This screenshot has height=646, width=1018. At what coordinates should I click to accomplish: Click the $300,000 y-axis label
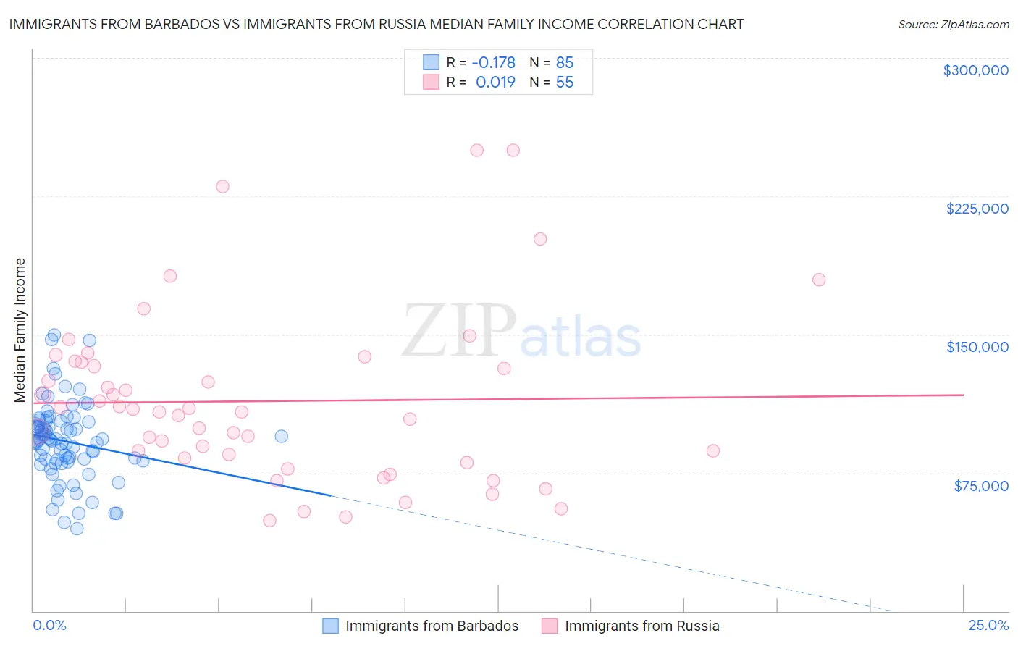(975, 70)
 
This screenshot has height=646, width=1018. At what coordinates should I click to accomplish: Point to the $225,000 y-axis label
(977, 209)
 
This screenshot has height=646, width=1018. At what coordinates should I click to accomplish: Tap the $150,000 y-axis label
(977, 347)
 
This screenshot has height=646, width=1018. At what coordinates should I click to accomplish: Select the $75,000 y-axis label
(980, 486)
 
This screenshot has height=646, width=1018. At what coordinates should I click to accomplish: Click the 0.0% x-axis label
(49, 625)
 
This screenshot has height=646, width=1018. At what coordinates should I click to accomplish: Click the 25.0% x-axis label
(988, 625)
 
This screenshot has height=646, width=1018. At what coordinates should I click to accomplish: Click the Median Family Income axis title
(20, 330)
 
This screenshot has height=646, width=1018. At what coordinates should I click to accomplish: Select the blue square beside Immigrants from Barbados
(330, 626)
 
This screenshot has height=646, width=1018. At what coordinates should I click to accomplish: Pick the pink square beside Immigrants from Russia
(550, 626)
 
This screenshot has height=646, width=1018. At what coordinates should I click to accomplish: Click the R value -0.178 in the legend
(493, 62)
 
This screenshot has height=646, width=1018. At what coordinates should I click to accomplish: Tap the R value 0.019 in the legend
(495, 83)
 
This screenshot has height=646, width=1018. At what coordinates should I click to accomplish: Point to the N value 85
(565, 62)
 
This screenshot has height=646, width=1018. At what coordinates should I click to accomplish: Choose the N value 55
(565, 83)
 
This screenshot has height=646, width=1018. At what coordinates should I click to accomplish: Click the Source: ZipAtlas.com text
(953, 25)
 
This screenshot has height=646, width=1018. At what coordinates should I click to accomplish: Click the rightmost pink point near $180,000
(819, 280)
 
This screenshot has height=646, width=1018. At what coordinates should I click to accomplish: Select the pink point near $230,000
(222, 186)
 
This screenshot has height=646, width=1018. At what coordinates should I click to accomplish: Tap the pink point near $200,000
(539, 239)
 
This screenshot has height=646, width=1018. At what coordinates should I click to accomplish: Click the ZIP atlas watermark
(521, 332)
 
